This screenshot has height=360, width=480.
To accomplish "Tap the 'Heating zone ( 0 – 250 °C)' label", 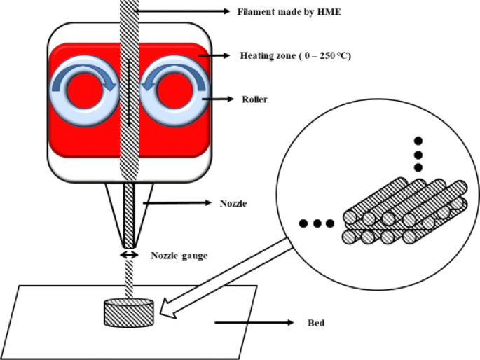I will pos(295,55).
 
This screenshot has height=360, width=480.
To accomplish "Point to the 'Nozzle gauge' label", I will pos(179,256).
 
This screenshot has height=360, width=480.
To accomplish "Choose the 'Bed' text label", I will pos(315,324).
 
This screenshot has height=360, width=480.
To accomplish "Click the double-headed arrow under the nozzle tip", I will pos(129,255).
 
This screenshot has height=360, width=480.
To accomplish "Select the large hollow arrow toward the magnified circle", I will pos(225,274).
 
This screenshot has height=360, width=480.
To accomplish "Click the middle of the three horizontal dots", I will pos(317,224).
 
